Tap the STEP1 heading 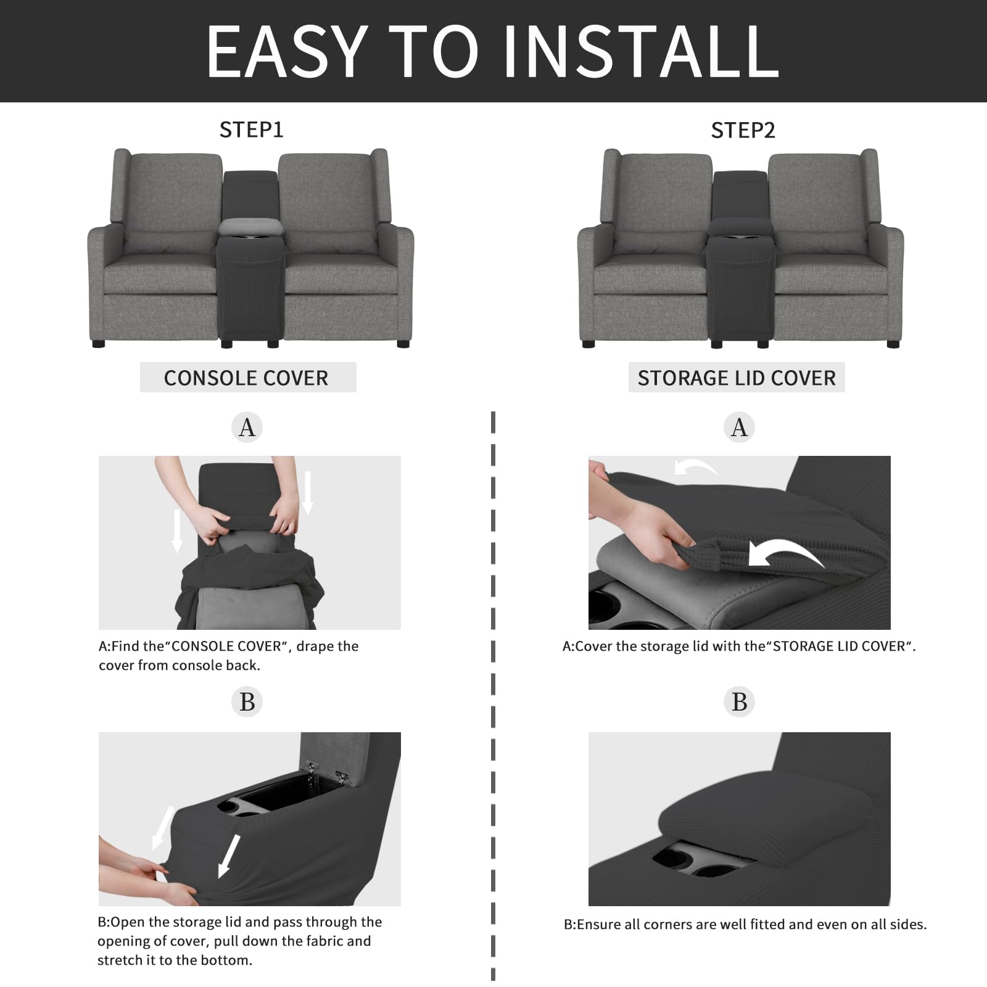(x=251, y=130)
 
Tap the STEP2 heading (x=743, y=130)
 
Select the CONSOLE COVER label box (x=247, y=378)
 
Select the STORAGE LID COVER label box (x=737, y=378)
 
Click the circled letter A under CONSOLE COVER (x=247, y=427)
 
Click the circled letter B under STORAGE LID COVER (x=739, y=702)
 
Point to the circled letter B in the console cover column (x=247, y=702)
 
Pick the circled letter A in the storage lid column (x=739, y=427)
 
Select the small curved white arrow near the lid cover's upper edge (x=695, y=468)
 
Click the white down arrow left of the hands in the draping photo (x=177, y=531)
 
